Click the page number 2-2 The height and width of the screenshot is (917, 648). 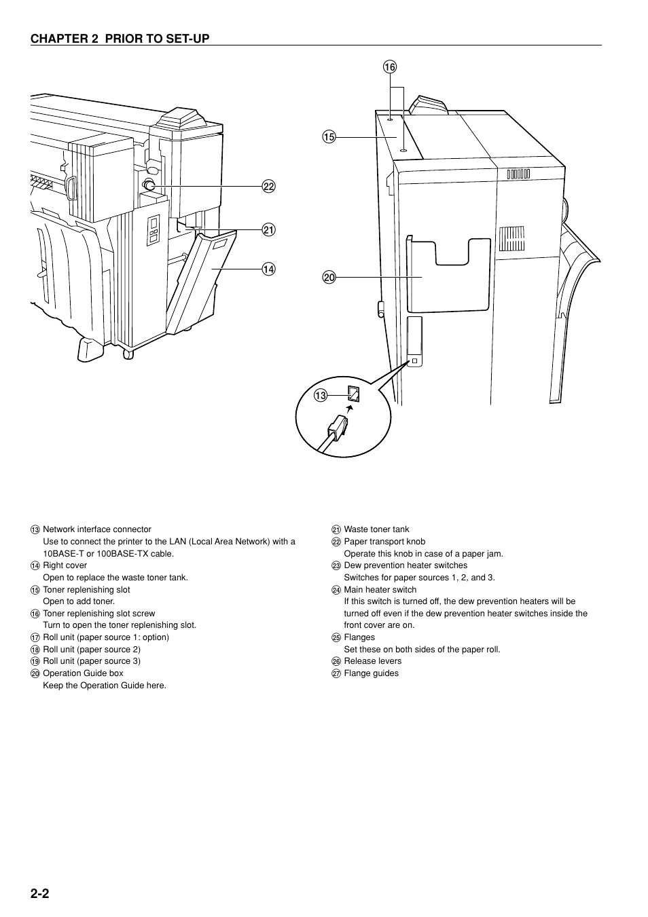(40, 893)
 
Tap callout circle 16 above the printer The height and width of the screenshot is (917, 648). (389, 67)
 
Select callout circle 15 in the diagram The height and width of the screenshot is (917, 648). (329, 137)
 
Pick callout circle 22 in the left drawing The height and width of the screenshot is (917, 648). (269, 187)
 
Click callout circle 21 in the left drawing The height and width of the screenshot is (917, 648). (269, 230)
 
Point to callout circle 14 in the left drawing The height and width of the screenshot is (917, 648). (269, 269)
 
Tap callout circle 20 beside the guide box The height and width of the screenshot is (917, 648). (329, 277)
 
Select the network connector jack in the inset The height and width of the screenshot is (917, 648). (353, 394)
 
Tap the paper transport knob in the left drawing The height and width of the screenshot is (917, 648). (149, 186)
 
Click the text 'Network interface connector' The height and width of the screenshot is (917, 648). (96, 529)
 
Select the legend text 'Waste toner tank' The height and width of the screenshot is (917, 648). (376, 529)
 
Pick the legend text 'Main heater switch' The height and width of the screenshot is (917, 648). (380, 590)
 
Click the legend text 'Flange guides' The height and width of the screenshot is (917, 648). (371, 673)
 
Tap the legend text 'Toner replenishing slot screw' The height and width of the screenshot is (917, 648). (98, 614)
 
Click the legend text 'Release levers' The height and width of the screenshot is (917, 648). (372, 661)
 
